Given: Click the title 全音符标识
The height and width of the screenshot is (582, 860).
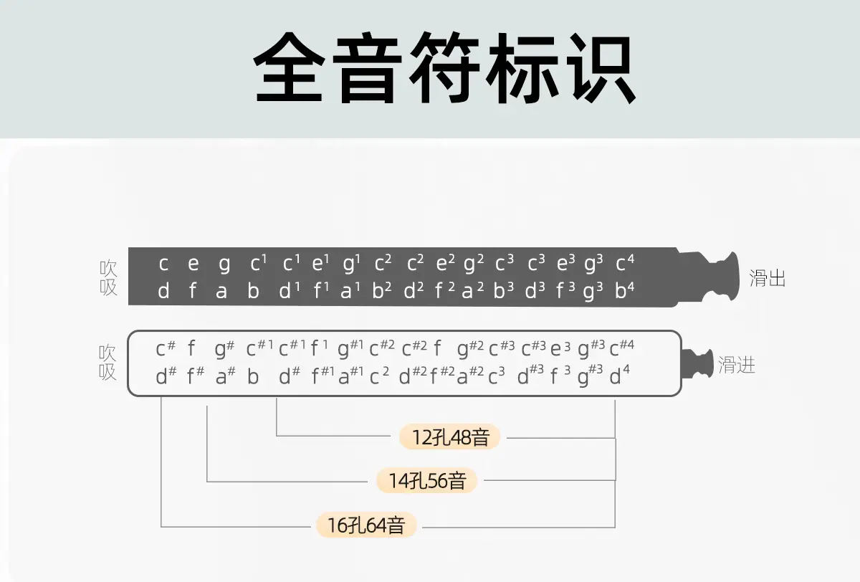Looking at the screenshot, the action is [x=444, y=69].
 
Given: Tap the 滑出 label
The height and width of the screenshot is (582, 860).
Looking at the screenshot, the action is [x=768, y=278].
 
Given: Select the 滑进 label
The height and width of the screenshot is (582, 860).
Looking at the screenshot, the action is [x=737, y=366].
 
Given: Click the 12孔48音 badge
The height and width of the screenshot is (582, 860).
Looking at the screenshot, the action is [x=449, y=436].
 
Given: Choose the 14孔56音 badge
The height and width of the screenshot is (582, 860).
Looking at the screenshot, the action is [x=427, y=481].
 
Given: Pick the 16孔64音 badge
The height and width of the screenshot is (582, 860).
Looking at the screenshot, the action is [x=366, y=526].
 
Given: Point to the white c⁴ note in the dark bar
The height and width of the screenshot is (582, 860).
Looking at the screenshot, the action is [x=625, y=264].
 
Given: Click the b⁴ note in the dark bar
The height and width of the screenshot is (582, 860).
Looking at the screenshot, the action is [x=625, y=292].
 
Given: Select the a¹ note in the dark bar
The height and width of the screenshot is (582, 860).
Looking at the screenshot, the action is [x=350, y=292].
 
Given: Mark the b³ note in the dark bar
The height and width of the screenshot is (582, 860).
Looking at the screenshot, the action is [x=504, y=292].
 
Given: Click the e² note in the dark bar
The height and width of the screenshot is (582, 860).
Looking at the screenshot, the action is [x=445, y=264].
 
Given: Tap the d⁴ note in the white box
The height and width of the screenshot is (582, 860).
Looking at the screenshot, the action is [x=619, y=376].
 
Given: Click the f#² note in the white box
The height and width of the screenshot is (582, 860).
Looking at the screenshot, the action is [x=442, y=376].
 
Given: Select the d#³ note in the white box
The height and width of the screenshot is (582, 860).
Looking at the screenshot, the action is [x=531, y=376].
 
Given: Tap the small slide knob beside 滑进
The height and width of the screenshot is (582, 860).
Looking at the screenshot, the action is [x=697, y=366].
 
